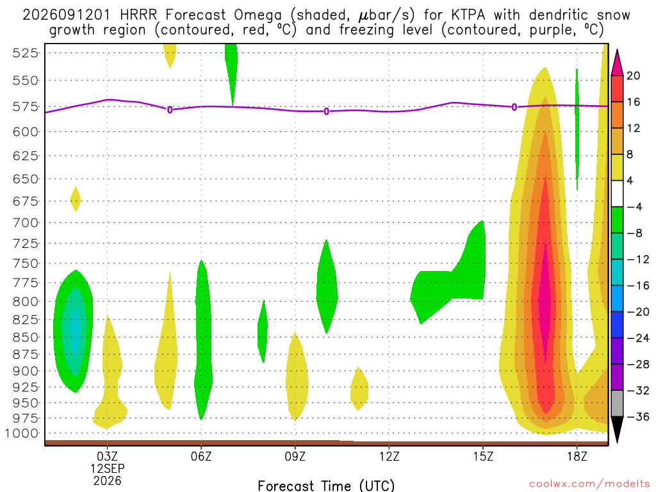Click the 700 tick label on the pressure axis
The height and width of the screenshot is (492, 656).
pyautogui.click(x=25, y=223)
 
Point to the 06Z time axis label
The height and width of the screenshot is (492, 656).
pyautogui.click(x=201, y=456)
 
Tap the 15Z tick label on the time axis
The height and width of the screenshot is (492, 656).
pyautogui.click(x=483, y=456)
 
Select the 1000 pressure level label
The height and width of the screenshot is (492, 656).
pyautogui.click(x=21, y=434)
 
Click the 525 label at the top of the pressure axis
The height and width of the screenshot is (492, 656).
pyautogui.click(x=25, y=53)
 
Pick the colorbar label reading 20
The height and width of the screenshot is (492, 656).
pyautogui.click(x=634, y=76)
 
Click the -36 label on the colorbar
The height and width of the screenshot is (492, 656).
pyautogui.click(x=638, y=416)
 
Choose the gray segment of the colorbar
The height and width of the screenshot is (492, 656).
pyautogui.click(x=617, y=404)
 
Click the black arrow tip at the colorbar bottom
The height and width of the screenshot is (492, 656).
pyautogui.click(x=617, y=442)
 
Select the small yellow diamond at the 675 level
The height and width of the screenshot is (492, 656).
pyautogui.click(x=76, y=199)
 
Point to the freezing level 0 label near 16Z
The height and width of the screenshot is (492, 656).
pyautogui.click(x=514, y=107)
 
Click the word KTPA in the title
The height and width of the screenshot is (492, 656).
pyautogui.click(x=468, y=15)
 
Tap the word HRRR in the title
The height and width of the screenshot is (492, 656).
pyautogui.click(x=138, y=15)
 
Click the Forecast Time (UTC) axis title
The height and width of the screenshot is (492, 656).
pyautogui.click(x=326, y=486)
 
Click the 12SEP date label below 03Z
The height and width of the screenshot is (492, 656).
pyautogui.click(x=108, y=468)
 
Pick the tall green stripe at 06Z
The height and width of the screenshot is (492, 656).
pyautogui.click(x=203, y=340)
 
